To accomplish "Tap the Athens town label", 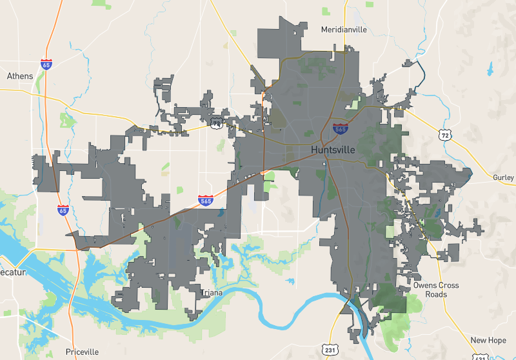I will [19, 76].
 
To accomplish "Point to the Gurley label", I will [503, 177].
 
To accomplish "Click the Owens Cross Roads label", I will [437, 290].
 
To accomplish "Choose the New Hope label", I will [488, 340].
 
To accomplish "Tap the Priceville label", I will [83, 352].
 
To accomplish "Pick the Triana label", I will [212, 293].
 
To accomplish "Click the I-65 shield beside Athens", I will [46, 65].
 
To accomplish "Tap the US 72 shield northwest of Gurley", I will [443, 134].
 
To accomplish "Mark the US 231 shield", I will [331, 348].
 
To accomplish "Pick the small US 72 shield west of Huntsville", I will [217, 122].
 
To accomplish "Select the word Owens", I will [427, 285].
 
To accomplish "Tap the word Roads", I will [437, 295].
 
